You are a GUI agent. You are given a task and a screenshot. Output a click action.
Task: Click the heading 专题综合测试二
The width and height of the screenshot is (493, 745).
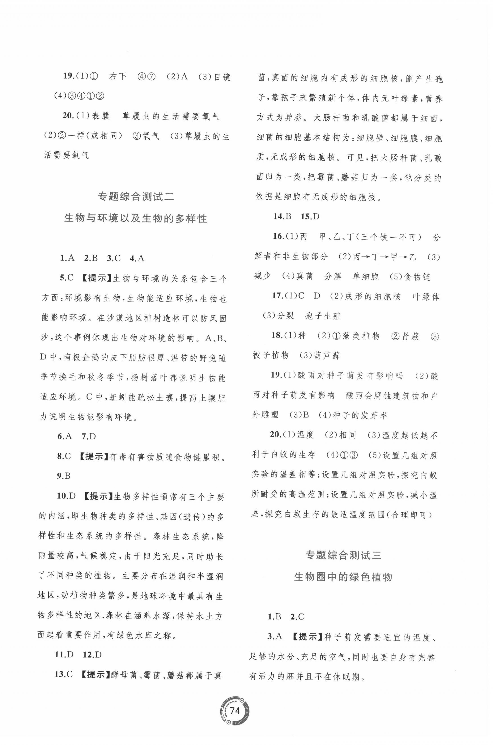[136, 197]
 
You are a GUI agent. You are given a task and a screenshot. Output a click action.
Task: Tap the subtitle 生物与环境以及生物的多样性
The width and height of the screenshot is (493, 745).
[136, 218]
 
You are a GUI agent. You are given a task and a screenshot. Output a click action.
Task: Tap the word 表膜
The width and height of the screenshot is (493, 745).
[100, 116]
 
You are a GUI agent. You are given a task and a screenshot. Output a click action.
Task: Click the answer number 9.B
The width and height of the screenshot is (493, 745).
[64, 476]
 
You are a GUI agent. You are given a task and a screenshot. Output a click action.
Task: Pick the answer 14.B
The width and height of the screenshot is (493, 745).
[282, 216]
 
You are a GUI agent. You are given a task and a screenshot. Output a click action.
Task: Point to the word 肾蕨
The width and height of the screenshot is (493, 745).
[410, 336]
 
